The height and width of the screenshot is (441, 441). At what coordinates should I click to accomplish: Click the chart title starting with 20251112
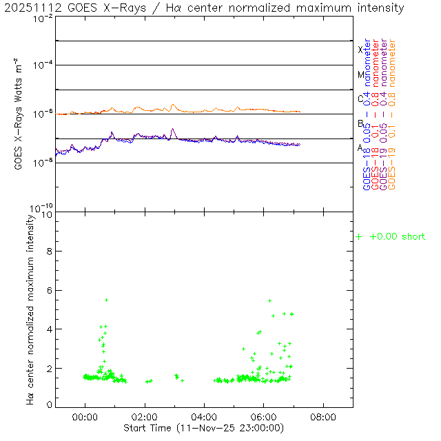204,8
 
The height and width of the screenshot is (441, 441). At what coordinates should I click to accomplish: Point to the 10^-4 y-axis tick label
43,66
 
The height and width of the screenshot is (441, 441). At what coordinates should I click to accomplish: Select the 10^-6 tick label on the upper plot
43,114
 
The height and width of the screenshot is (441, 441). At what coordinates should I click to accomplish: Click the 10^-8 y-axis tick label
43,163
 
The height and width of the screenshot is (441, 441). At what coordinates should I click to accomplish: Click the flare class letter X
360,50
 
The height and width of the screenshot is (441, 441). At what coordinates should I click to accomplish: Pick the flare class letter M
360,74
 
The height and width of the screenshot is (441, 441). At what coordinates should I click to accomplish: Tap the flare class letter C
360,99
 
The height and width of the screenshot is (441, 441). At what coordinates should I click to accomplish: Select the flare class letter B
360,123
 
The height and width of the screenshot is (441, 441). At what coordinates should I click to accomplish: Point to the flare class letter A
360,147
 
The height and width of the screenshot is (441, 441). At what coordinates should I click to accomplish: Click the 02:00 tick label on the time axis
145,418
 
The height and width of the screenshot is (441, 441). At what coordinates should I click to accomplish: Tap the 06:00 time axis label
264,418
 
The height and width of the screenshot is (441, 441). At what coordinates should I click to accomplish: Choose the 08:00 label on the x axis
324,418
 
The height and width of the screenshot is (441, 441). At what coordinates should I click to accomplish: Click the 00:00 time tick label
85,418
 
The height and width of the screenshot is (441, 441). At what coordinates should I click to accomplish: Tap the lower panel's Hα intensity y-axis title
30,309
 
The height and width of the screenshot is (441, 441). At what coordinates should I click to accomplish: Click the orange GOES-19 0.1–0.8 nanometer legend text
393,114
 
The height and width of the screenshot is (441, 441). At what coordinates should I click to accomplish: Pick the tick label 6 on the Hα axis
49,290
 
